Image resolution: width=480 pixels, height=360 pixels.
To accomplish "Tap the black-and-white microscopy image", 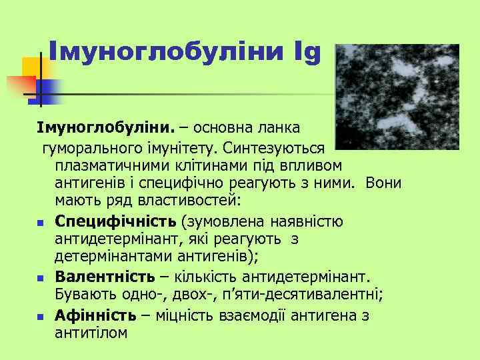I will coord(397,96).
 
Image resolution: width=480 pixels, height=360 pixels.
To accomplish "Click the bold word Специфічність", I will coord(116,221).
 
